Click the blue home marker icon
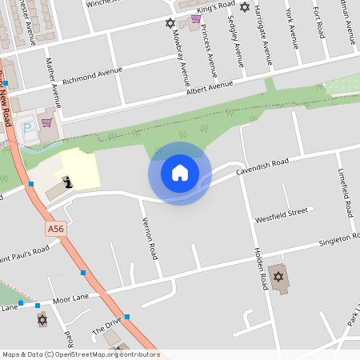click(179, 172)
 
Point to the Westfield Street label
click(281, 214)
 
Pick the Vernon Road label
click(148, 238)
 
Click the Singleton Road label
click(328, 241)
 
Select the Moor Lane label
click(70, 298)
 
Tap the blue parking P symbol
click(28, 127)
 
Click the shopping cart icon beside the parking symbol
click(46, 122)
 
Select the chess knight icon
click(70, 182)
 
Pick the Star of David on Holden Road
click(278, 277)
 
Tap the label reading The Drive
click(107, 325)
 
